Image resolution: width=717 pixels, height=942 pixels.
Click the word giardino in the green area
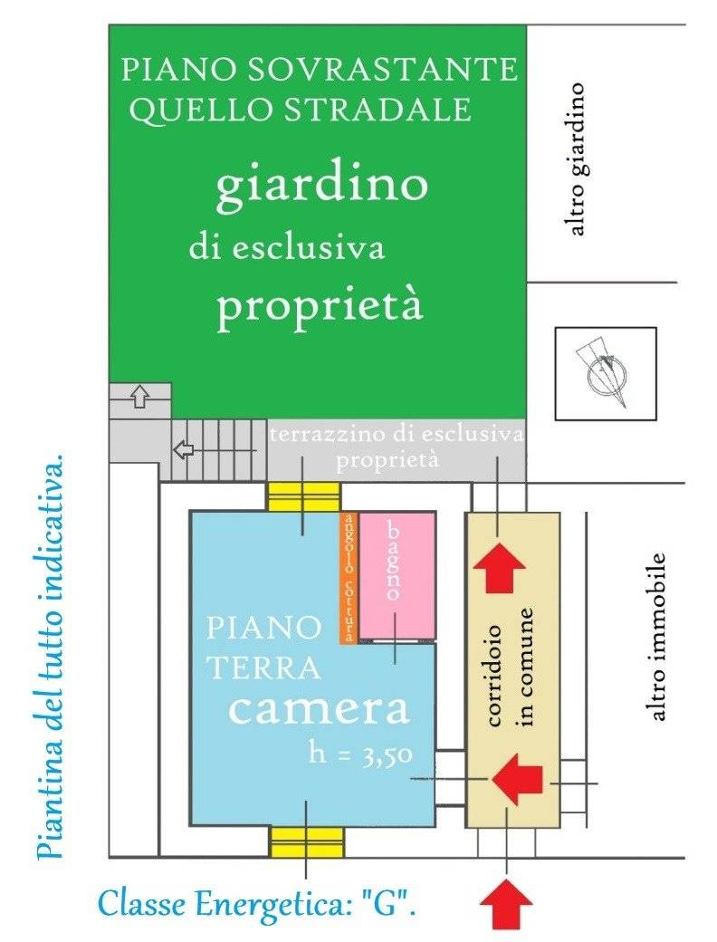(x=320, y=187)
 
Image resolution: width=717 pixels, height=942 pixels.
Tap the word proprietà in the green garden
(x=320, y=308)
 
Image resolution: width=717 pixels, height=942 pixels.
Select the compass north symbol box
(x=605, y=371)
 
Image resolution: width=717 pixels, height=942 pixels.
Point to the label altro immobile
(x=658, y=637)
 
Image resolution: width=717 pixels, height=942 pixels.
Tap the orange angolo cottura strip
(x=348, y=577)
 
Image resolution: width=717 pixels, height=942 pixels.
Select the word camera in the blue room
(x=318, y=709)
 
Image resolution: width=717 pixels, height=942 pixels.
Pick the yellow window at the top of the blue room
(x=303, y=497)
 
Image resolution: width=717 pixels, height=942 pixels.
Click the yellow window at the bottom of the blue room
(x=306, y=841)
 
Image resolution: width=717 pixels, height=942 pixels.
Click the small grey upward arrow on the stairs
(x=139, y=396)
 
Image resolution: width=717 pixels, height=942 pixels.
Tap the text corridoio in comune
(x=511, y=668)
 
